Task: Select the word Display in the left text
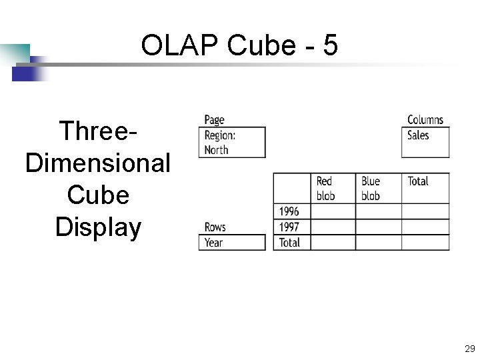click(x=99, y=227)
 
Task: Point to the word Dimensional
click(x=98, y=163)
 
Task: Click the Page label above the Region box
click(x=214, y=120)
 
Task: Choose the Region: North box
click(x=232, y=142)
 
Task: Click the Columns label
click(x=425, y=120)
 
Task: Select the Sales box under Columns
click(x=425, y=142)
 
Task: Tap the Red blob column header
click(x=333, y=188)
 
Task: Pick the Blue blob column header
click(x=378, y=188)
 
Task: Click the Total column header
click(x=425, y=188)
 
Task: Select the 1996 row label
click(x=292, y=211)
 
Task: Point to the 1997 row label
click(x=292, y=227)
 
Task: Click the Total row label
click(x=292, y=243)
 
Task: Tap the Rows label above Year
click(x=215, y=227)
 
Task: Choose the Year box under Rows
click(x=232, y=243)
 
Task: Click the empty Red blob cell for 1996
click(x=333, y=211)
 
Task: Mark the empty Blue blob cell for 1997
click(x=378, y=227)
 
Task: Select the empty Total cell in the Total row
click(x=425, y=243)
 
